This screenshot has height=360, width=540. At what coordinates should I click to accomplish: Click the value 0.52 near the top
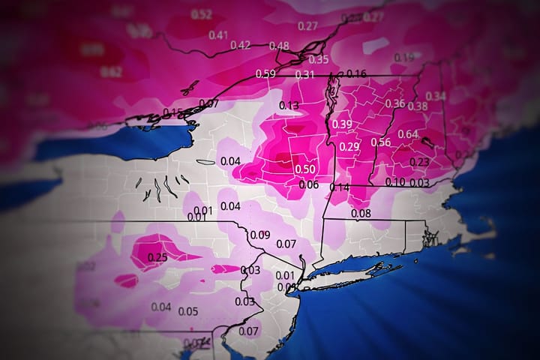(201, 15)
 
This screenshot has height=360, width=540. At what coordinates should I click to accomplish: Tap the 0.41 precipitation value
(218, 34)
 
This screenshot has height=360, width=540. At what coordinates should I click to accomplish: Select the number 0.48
(279, 46)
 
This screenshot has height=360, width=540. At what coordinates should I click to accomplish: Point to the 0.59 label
(265, 73)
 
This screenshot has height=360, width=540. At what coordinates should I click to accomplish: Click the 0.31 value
(304, 73)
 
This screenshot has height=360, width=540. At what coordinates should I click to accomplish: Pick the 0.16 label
(357, 73)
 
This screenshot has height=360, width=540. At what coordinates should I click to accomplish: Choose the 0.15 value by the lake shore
(172, 112)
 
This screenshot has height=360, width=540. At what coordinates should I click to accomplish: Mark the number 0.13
(289, 106)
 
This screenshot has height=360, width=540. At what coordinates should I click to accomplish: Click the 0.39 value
(342, 124)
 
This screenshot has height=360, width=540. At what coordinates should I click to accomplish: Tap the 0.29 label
(349, 146)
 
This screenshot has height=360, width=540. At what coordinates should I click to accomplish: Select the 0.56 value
(380, 142)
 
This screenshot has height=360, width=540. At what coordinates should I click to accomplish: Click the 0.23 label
(419, 161)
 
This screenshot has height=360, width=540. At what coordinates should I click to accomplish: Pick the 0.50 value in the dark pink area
(304, 169)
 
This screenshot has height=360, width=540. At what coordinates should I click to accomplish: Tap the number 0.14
(340, 187)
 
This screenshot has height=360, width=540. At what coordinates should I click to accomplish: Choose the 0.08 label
(361, 213)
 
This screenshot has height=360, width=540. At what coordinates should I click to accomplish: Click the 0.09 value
(259, 235)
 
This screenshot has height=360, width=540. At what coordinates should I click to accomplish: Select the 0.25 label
(157, 257)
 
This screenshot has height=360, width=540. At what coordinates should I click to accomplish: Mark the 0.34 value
(436, 96)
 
